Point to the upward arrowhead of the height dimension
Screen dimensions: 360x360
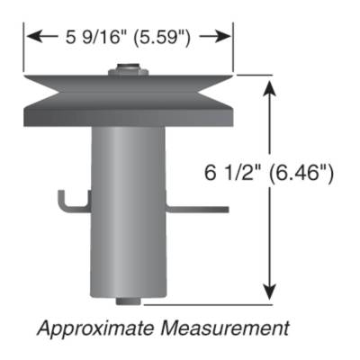pos(269,85)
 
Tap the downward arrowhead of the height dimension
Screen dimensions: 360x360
pos(269,292)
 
